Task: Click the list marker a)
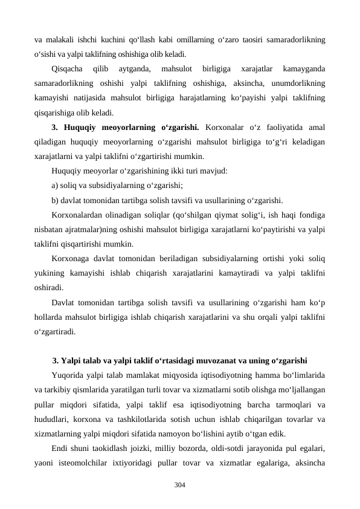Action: point(56,186)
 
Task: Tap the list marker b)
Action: point(56,200)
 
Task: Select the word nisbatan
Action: point(49,230)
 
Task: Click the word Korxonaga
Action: point(71,259)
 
